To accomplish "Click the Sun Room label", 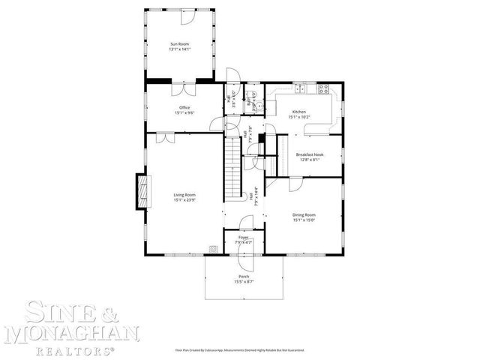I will click(179, 46).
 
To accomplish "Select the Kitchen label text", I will click(299, 112).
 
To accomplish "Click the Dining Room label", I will click(304, 215).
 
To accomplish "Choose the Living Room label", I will click(184, 195).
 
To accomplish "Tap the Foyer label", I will click(243, 237).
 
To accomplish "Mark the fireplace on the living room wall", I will click(141, 191).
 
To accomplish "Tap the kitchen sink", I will click(301, 89).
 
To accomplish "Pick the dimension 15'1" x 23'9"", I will click(184, 200).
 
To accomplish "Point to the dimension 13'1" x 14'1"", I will click(179, 51).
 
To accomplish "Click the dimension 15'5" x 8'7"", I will click(244, 281).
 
